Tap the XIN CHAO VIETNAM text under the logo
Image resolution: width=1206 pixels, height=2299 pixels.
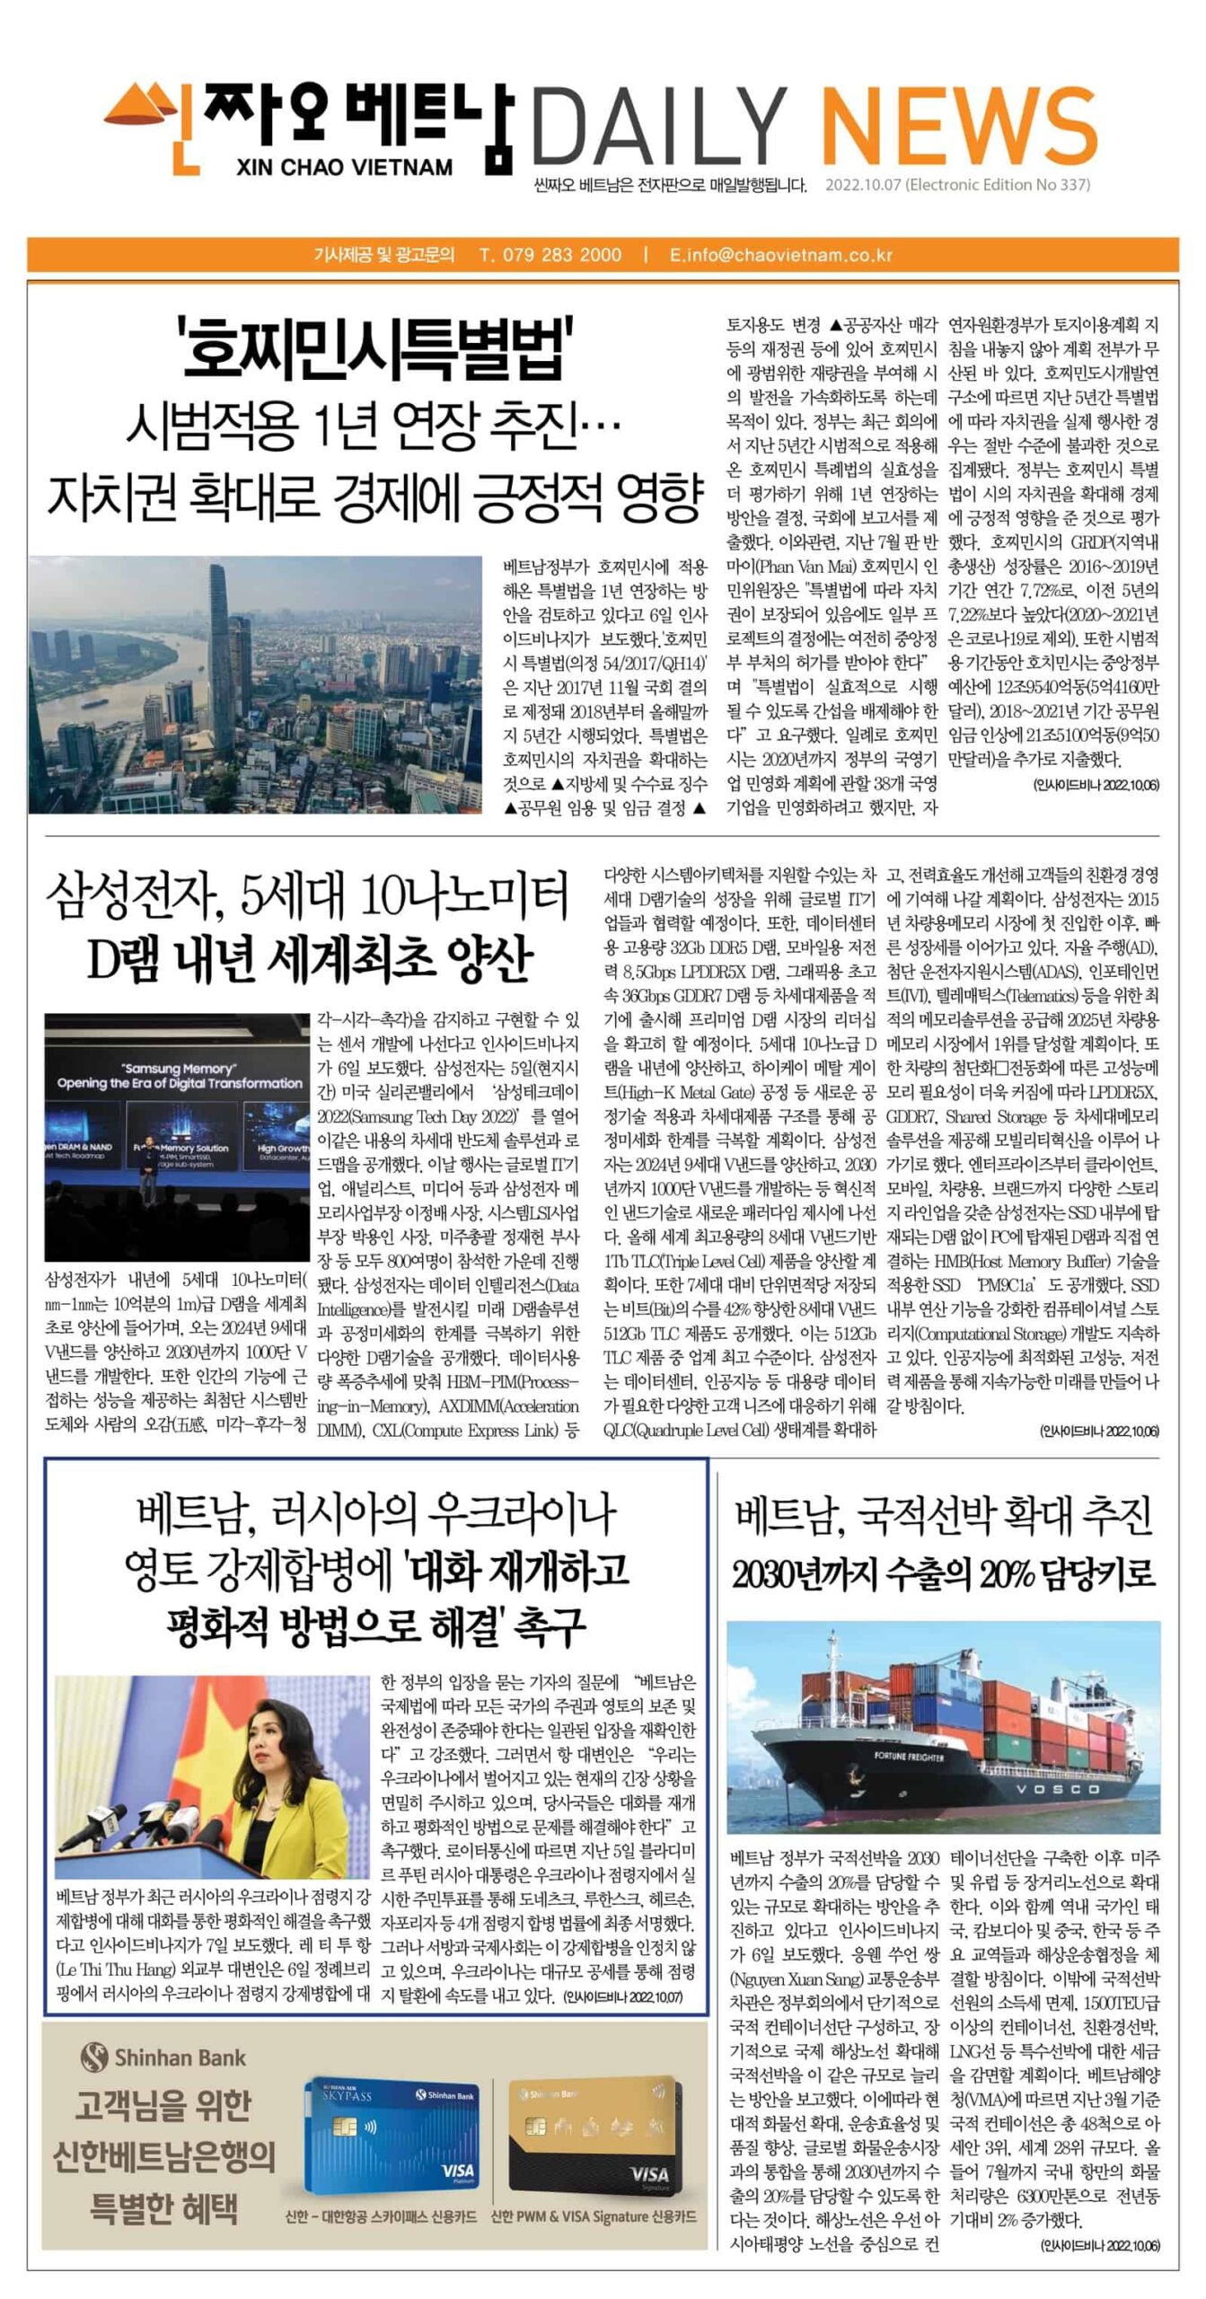pos(345,167)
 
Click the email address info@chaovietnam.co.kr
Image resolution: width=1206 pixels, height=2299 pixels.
pos(781,254)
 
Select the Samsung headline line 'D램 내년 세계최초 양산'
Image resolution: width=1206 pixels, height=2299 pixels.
pos(310,960)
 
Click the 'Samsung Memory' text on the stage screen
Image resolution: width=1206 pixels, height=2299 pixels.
pos(179,1069)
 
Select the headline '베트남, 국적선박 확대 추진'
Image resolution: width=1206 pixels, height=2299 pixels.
pos(943,1516)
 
